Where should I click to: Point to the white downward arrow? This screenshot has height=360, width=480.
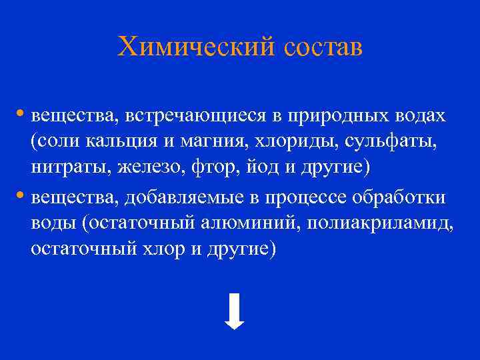click(x=234, y=311)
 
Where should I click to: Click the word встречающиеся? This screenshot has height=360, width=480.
click(x=193, y=115)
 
